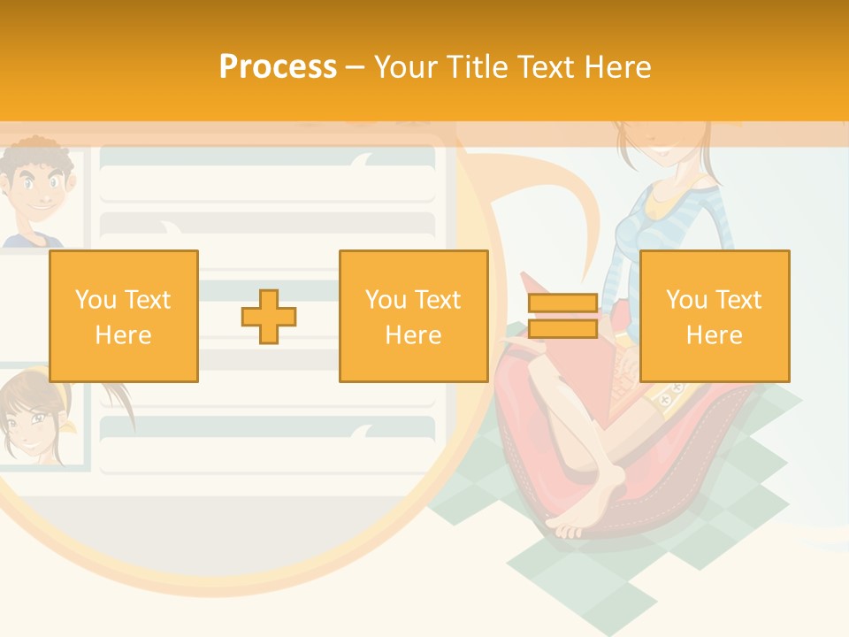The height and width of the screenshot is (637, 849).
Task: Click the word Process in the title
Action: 278,67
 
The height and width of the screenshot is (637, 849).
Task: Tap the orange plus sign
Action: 269,316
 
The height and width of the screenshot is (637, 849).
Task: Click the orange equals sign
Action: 562,316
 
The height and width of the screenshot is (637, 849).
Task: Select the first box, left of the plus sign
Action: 124,316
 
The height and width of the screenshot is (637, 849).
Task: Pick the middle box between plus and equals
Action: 413,316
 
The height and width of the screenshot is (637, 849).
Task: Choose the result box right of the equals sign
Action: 714,316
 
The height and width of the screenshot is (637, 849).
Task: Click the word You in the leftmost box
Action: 94,300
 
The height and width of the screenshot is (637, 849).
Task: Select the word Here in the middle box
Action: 413,335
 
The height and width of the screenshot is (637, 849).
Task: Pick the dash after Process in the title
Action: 354,67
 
